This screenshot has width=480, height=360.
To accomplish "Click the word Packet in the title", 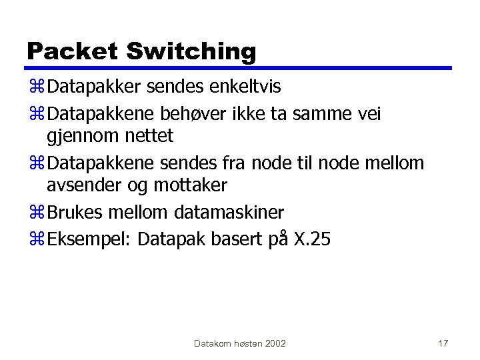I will point(72,51).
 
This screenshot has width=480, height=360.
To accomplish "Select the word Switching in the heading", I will point(191,51).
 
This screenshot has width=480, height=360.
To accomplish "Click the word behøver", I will point(203,115).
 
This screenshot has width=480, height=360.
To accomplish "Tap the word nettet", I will point(148,136).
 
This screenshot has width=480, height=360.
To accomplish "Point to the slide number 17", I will point(443,343).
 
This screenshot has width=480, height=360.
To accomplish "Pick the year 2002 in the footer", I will point(275,343).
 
